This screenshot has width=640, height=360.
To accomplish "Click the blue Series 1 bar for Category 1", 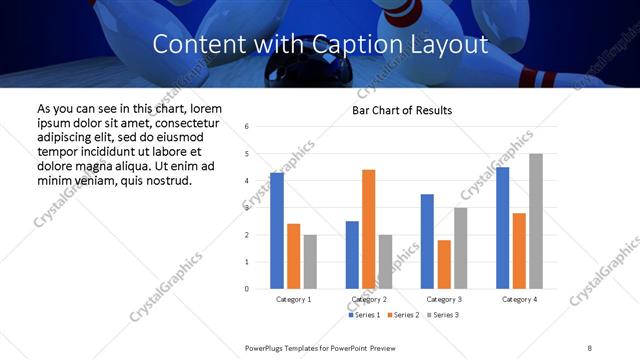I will click(x=277, y=231).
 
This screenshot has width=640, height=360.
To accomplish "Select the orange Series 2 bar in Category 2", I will click(x=368, y=229).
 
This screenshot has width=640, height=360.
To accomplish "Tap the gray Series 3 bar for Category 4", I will click(x=535, y=221).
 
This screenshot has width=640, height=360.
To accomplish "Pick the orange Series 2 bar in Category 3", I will click(x=443, y=264).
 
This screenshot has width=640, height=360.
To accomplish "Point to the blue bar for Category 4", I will click(x=502, y=228).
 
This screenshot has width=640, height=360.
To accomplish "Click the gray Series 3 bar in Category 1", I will click(x=310, y=262).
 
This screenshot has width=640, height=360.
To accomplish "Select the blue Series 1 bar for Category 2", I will click(x=352, y=255).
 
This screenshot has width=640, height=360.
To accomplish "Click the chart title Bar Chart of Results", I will click(x=402, y=110).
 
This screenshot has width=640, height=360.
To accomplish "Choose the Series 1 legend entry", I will click(x=365, y=315).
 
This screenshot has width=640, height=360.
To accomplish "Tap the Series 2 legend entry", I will click(x=401, y=315).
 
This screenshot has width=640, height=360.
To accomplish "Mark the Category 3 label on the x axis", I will click(x=443, y=299).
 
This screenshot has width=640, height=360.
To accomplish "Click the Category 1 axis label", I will click(x=293, y=299).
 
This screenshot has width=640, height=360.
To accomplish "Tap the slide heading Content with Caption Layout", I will click(x=320, y=44).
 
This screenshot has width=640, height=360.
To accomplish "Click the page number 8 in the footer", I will click(x=589, y=347).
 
